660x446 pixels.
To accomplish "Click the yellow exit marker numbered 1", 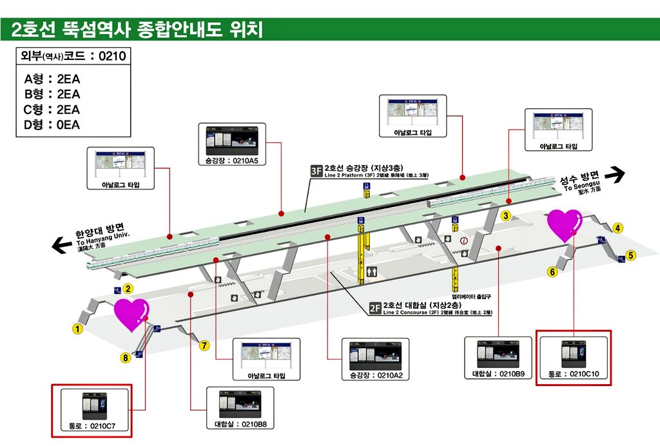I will pos(77,329).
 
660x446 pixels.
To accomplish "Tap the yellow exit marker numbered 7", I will pos(204,345).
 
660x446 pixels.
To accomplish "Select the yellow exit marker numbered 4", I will pos(617,228).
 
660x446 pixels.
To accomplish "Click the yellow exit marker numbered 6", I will pos(552,272).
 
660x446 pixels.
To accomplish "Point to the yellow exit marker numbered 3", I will pos(507,216).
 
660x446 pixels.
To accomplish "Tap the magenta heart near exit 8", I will pos(131,314).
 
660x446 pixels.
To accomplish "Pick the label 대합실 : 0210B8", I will pos(240,424).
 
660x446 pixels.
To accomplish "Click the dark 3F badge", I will pos(316,171).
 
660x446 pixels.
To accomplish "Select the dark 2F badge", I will pos(375,307).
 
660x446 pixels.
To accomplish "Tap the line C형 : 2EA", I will pos(52,109).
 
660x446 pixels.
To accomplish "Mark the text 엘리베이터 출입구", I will pos(471,296).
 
